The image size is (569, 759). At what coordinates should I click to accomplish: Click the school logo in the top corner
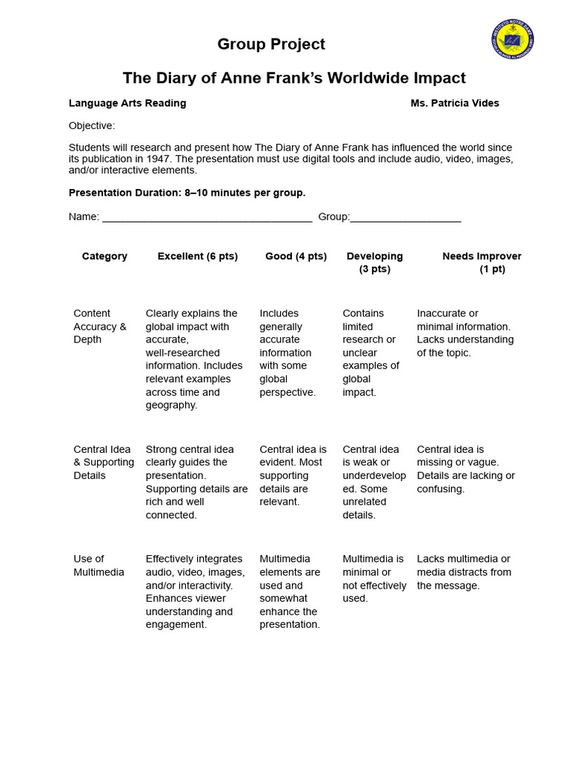[512, 39]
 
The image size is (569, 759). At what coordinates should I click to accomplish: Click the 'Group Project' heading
[271, 44]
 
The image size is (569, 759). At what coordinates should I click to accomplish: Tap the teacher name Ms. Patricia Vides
[454, 103]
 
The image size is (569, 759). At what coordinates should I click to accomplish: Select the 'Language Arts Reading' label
[127, 103]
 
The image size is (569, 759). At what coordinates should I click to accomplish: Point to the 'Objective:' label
[92, 126]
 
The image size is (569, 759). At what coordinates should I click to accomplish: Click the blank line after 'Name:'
[207, 217]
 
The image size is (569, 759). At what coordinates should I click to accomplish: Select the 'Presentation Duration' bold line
[187, 193]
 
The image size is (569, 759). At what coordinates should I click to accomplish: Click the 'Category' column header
[104, 256]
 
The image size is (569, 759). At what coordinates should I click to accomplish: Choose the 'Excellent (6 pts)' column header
[198, 256]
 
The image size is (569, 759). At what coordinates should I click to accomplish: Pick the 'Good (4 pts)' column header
[296, 256]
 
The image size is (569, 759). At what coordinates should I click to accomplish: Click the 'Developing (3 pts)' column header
[375, 262]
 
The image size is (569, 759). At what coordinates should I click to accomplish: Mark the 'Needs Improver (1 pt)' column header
[482, 262]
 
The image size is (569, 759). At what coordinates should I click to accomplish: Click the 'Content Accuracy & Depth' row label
[100, 327]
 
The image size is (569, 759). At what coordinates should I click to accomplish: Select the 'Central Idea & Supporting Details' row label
[104, 463]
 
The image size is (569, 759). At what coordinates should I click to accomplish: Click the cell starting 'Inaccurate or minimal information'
[465, 334]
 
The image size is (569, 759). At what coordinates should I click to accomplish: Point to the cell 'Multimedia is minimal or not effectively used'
[374, 579]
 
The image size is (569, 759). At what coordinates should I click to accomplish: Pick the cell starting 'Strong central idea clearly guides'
[196, 482]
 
